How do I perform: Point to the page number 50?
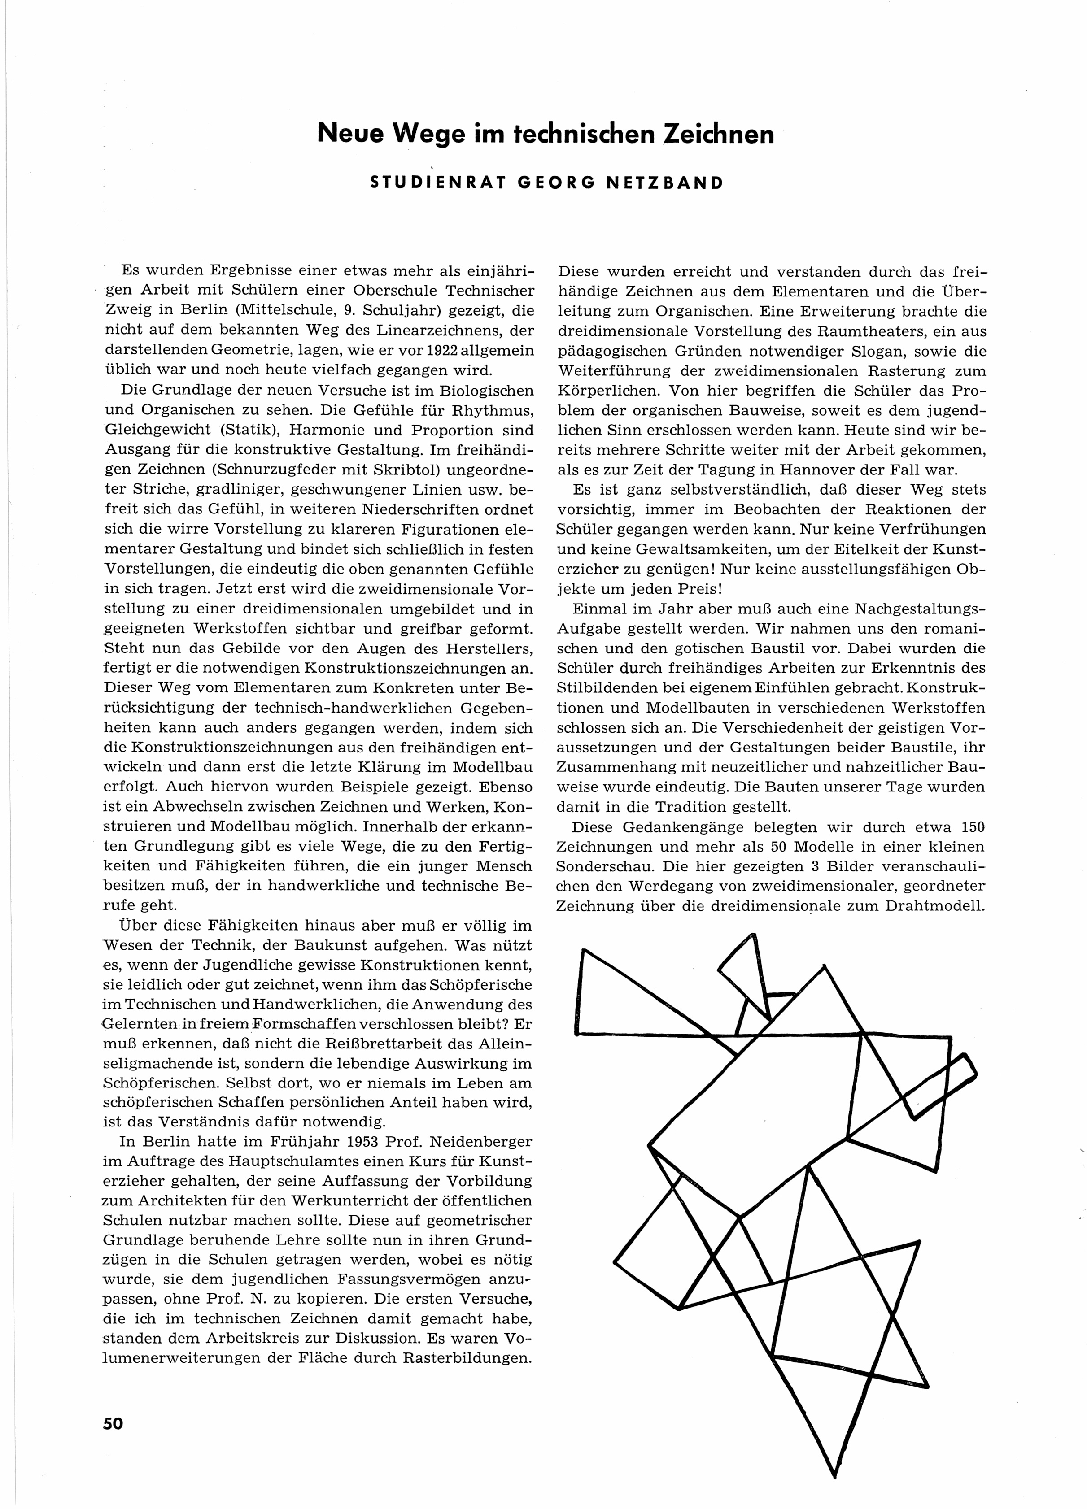coord(113,1423)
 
